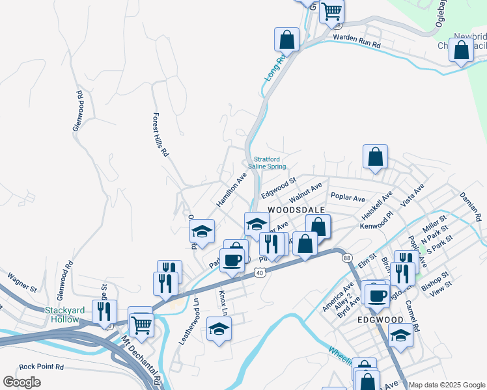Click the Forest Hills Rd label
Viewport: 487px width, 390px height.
[160, 135]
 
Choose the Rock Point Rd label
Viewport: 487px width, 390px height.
[41, 367]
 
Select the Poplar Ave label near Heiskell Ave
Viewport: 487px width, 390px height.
[348, 196]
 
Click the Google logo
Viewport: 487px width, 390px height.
[21, 382]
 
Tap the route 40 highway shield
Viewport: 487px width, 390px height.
[260, 274]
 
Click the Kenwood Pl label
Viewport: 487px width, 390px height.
[378, 225]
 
